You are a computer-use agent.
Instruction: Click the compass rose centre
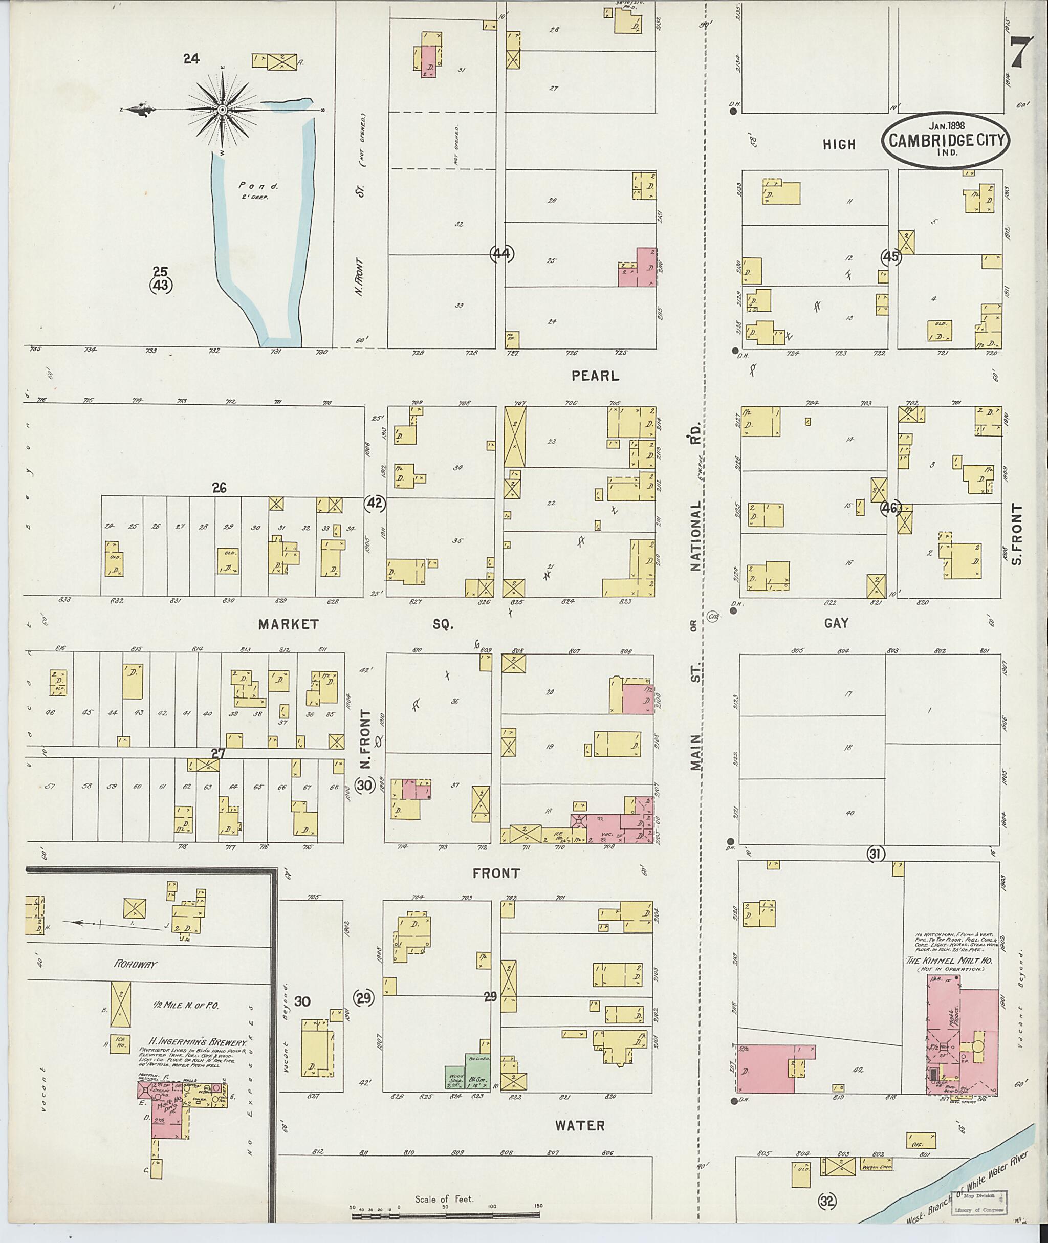click(222, 110)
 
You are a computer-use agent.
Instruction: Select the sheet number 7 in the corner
click(1018, 53)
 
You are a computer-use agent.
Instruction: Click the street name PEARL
click(595, 376)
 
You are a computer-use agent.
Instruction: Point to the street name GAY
click(836, 623)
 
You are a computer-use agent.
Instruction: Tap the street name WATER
click(580, 1126)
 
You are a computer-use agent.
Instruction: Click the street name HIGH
click(839, 144)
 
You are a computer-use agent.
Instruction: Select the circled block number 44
click(501, 254)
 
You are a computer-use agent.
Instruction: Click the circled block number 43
click(160, 285)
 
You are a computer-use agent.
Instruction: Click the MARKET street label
click(289, 624)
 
